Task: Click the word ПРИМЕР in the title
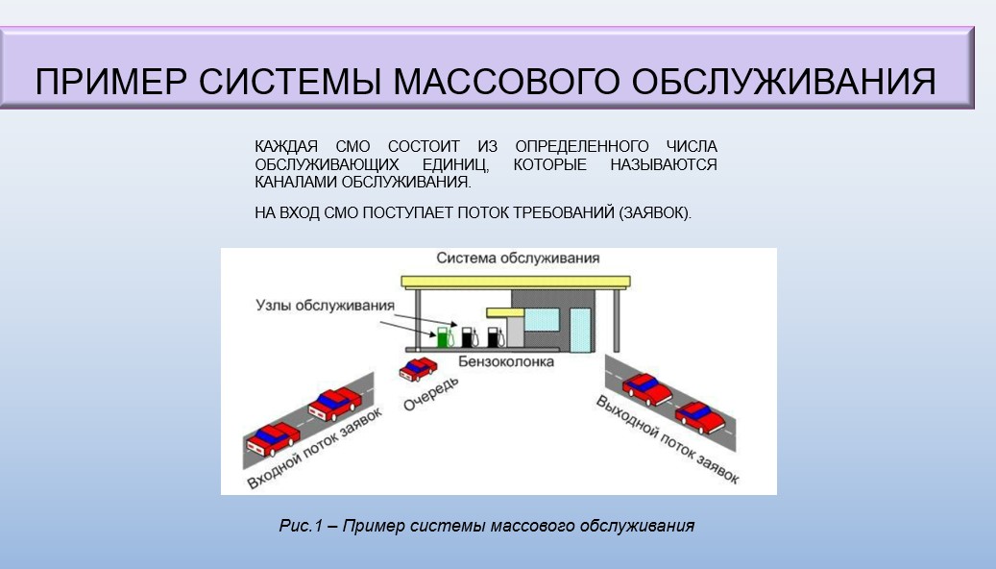pos(111,82)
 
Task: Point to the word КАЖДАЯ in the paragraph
pos(286,147)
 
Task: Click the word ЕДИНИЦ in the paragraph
pos(455,165)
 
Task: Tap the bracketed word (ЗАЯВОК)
pos(655,213)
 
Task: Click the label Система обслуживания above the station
pos(518,259)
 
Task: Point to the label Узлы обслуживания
pos(326,305)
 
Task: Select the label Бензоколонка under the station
pos(506,361)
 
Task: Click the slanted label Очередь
pos(430,393)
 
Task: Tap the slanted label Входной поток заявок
pos(314,448)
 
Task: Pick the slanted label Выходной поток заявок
pos(667,439)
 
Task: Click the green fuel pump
pos(444,337)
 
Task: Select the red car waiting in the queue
pos(418,369)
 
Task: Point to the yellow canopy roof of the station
pos(516,283)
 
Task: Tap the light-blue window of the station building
pos(542,319)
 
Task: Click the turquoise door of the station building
pos(580,330)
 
